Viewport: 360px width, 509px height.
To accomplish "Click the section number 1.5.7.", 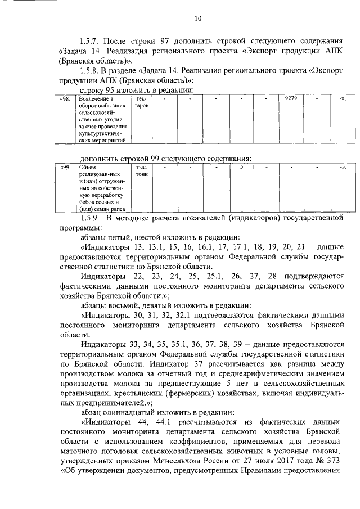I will click(x=92, y=41).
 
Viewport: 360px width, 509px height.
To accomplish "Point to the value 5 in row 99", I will click(x=241, y=167).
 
